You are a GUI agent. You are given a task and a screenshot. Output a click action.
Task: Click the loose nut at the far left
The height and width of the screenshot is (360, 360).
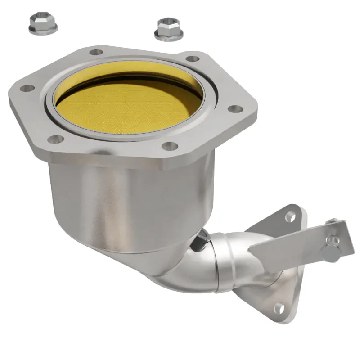[43, 25]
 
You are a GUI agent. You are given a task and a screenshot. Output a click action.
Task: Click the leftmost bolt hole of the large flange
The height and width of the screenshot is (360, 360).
[27, 89]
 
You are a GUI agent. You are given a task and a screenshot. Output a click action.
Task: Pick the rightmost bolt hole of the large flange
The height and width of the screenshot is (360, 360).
[235, 109]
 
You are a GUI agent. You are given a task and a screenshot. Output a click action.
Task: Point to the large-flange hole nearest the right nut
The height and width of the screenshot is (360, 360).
[193, 58]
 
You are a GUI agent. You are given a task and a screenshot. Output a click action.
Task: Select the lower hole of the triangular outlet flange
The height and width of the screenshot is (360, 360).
[279, 308]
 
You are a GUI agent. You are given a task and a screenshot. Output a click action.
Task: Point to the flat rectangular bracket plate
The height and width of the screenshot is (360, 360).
[297, 243]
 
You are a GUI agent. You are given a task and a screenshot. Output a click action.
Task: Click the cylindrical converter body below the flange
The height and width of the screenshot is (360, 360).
[130, 202]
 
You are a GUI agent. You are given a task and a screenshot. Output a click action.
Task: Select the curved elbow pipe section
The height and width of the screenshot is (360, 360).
[189, 274]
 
